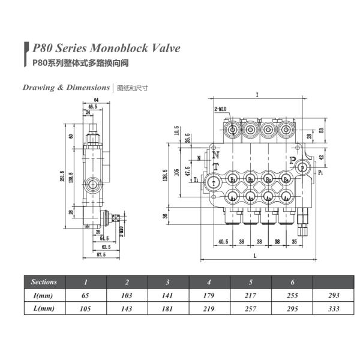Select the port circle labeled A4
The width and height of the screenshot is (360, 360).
pos(287,197)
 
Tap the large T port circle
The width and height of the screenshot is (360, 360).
pos(214,182)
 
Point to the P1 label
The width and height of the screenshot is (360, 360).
pos(321,172)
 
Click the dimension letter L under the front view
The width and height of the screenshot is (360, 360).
pos(256,256)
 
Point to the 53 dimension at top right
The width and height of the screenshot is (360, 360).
pos(322,130)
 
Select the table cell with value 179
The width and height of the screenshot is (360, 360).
pos(209,295)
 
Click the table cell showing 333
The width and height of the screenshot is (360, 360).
pos(335,308)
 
